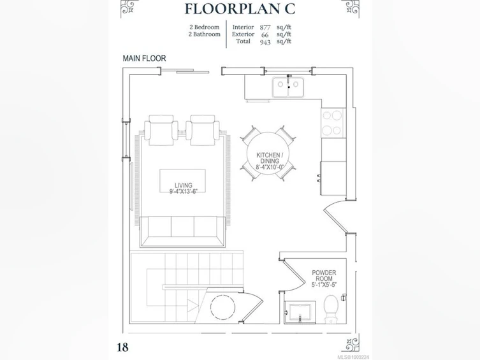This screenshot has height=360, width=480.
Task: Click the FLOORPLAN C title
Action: pyautogui.click(x=240, y=8)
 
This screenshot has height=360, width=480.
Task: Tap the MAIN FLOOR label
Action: pyautogui.click(x=144, y=59)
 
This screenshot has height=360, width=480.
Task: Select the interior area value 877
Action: pyautogui.click(x=265, y=27)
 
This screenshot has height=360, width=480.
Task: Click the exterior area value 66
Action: pyautogui.click(x=265, y=35)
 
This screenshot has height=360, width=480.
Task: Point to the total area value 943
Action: pyautogui.click(x=265, y=42)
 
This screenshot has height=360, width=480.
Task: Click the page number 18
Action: pyautogui.click(x=123, y=347)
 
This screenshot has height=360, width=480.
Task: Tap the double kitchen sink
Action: pyautogui.click(x=288, y=87)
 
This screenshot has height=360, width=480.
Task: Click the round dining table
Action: pyautogui.click(x=268, y=153)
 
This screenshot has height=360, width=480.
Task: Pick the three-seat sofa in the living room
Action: pyautogui.click(x=183, y=231)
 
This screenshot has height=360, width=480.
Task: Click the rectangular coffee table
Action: pyautogui.click(x=182, y=180)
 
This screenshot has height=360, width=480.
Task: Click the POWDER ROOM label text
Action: pyautogui.click(x=324, y=276)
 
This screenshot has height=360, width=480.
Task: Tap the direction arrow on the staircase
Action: pyautogui.click(x=193, y=306)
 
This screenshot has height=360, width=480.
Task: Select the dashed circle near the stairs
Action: pyautogui.click(x=222, y=307)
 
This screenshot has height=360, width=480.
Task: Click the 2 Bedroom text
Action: pyautogui.click(x=205, y=27)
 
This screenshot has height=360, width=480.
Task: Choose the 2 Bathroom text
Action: pyautogui.click(x=205, y=34)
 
